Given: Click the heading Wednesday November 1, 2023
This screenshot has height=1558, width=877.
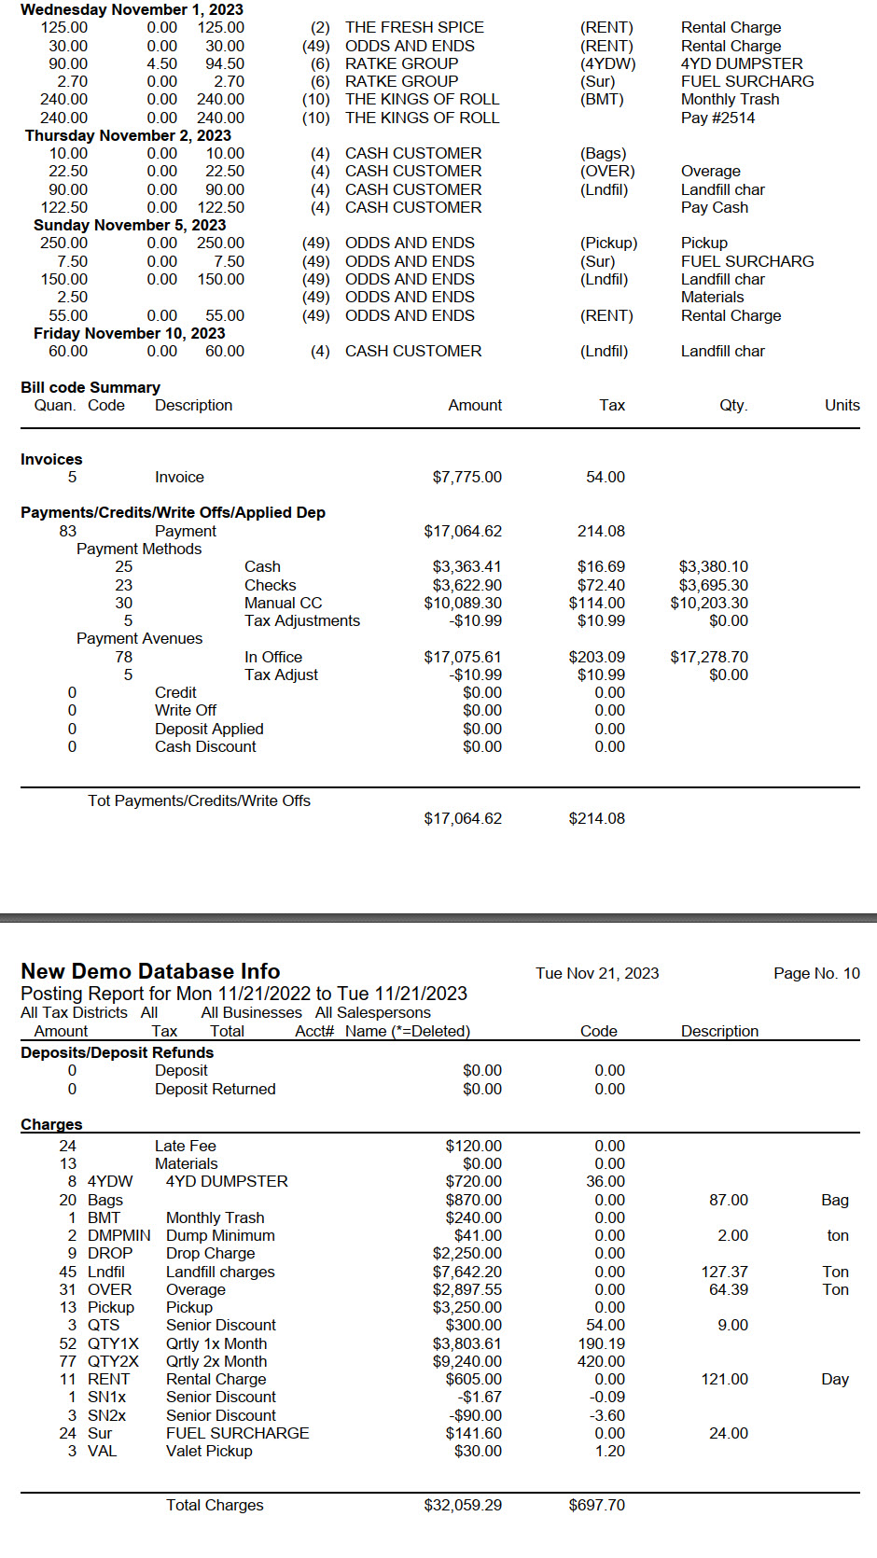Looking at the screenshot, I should pos(132,9).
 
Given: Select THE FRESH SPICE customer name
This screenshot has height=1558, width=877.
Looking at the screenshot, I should pos(414,27).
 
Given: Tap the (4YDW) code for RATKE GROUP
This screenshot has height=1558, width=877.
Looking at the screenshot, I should pos(607,63).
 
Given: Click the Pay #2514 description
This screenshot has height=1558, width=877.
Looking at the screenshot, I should pos(717,118).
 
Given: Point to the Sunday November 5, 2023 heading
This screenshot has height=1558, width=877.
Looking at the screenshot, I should pos(130,225).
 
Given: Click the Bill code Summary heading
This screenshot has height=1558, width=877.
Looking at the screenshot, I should pos(90,387).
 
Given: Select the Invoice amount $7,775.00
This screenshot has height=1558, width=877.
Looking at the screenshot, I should pos(466,477).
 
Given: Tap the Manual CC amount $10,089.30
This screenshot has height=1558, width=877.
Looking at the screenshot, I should pos(463,603).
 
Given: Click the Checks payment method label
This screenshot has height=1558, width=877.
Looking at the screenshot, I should pos(270,585).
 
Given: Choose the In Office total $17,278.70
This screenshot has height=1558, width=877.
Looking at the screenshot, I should pos(709,657).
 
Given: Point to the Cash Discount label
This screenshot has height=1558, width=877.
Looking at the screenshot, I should pos(205,746).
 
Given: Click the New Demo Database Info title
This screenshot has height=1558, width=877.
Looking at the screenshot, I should pos(150,971).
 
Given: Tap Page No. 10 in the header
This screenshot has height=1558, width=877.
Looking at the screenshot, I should pos(816,973).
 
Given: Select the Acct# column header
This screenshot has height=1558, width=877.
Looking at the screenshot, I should pos(314,1031).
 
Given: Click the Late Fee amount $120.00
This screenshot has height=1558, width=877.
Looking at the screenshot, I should pos(473,1146).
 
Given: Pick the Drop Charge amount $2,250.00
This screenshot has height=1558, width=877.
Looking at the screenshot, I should pos(466,1253).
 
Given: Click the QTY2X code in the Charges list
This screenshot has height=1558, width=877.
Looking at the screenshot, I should pos(113,1361).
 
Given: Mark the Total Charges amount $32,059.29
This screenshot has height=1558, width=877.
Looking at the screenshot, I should pos(463,1505).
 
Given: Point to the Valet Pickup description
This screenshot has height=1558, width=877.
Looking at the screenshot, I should pos(209,1451).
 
